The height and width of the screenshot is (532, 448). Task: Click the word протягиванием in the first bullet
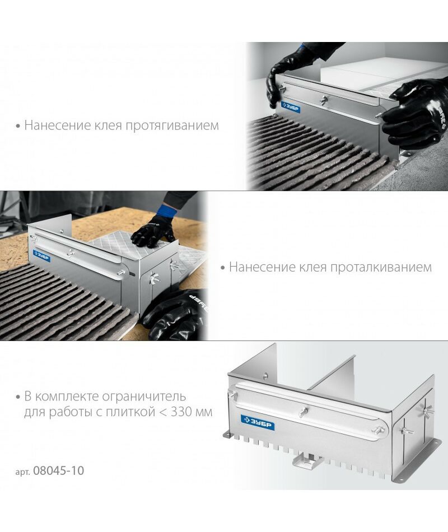pyautogui.click(x=172, y=126)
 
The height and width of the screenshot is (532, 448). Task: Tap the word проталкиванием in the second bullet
pyautogui.click(x=381, y=267)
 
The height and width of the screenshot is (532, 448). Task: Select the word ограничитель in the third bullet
pyautogui.click(x=144, y=396)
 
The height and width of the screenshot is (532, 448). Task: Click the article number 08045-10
pyautogui.click(x=58, y=471)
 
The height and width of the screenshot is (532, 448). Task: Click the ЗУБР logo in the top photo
pyautogui.click(x=291, y=107)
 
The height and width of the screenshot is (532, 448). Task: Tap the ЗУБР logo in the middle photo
pyautogui.click(x=42, y=256)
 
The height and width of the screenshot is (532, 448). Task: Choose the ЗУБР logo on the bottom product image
pyautogui.click(x=258, y=422)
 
